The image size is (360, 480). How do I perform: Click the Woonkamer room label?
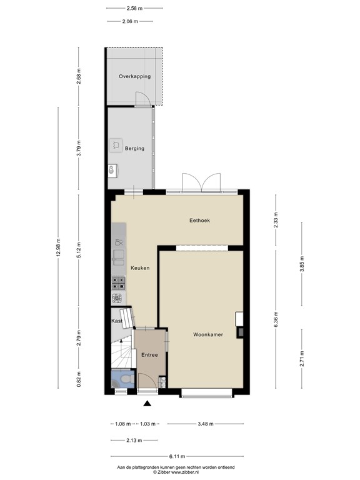coord(208,335)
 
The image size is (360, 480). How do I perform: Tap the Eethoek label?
coord(199,221)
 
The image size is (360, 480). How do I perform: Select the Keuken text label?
coord(139,267)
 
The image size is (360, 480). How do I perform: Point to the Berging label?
coord(134,149)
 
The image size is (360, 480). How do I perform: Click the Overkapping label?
coord(134,76)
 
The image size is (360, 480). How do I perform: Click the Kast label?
coord(116,321)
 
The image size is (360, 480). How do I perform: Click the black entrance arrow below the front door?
coord(147,404)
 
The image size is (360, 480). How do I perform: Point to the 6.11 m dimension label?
coord(180,456)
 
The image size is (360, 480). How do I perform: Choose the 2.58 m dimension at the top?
coord(134,9)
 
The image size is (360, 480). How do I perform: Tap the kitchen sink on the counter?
coord(118,255)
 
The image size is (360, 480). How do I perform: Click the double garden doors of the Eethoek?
coord(201,182)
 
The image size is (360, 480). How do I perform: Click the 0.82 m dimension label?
coord(79,381)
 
